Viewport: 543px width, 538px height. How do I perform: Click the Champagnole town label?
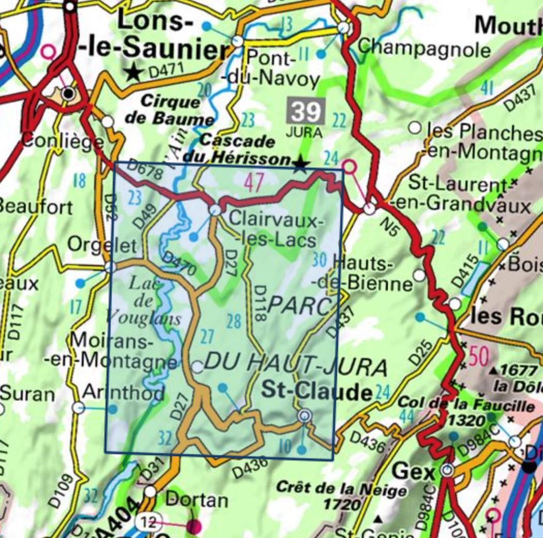[424, 50]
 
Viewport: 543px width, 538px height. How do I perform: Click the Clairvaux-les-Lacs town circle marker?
[215, 210]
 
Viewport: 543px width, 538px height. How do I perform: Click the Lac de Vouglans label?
[150, 300]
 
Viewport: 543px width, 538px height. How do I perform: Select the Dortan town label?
[197, 500]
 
